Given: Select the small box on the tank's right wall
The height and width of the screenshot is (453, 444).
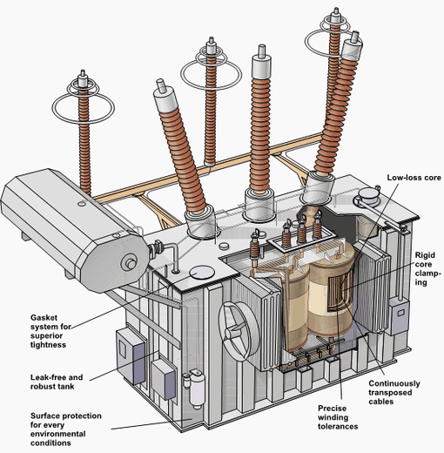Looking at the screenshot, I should click(x=400, y=312).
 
